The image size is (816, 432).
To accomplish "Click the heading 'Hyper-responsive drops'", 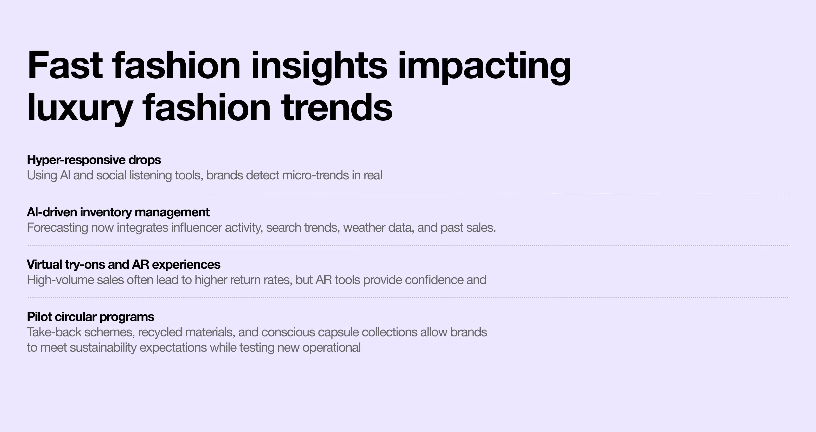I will coord(94,160).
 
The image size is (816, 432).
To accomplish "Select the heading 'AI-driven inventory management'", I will coord(118,212).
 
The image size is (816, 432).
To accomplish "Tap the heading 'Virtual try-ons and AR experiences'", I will coord(123,264).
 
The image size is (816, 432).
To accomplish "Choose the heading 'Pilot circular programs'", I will coord(91,317).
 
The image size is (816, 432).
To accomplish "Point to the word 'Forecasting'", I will coord(57,228).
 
